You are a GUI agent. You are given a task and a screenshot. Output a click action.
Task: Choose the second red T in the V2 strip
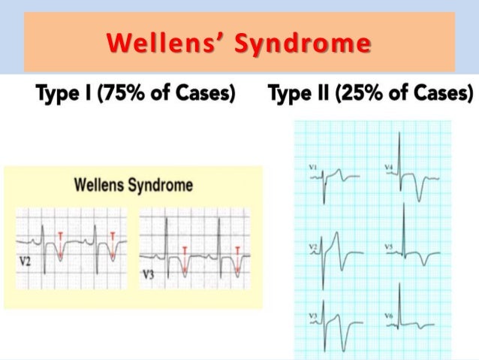click(112, 218)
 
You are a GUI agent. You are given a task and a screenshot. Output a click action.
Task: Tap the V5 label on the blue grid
click(388, 246)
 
